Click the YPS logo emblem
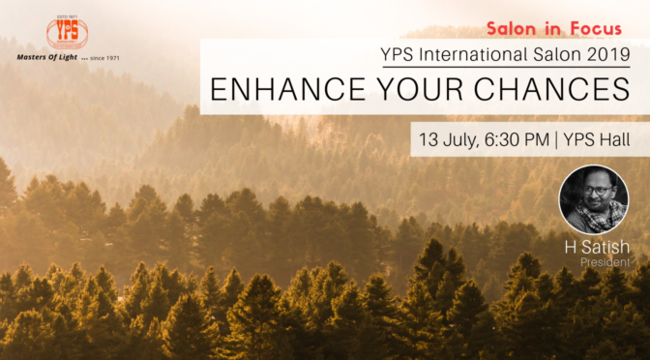coord(66,33)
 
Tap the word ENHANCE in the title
coord(281,90)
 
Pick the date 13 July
coord(447,139)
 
